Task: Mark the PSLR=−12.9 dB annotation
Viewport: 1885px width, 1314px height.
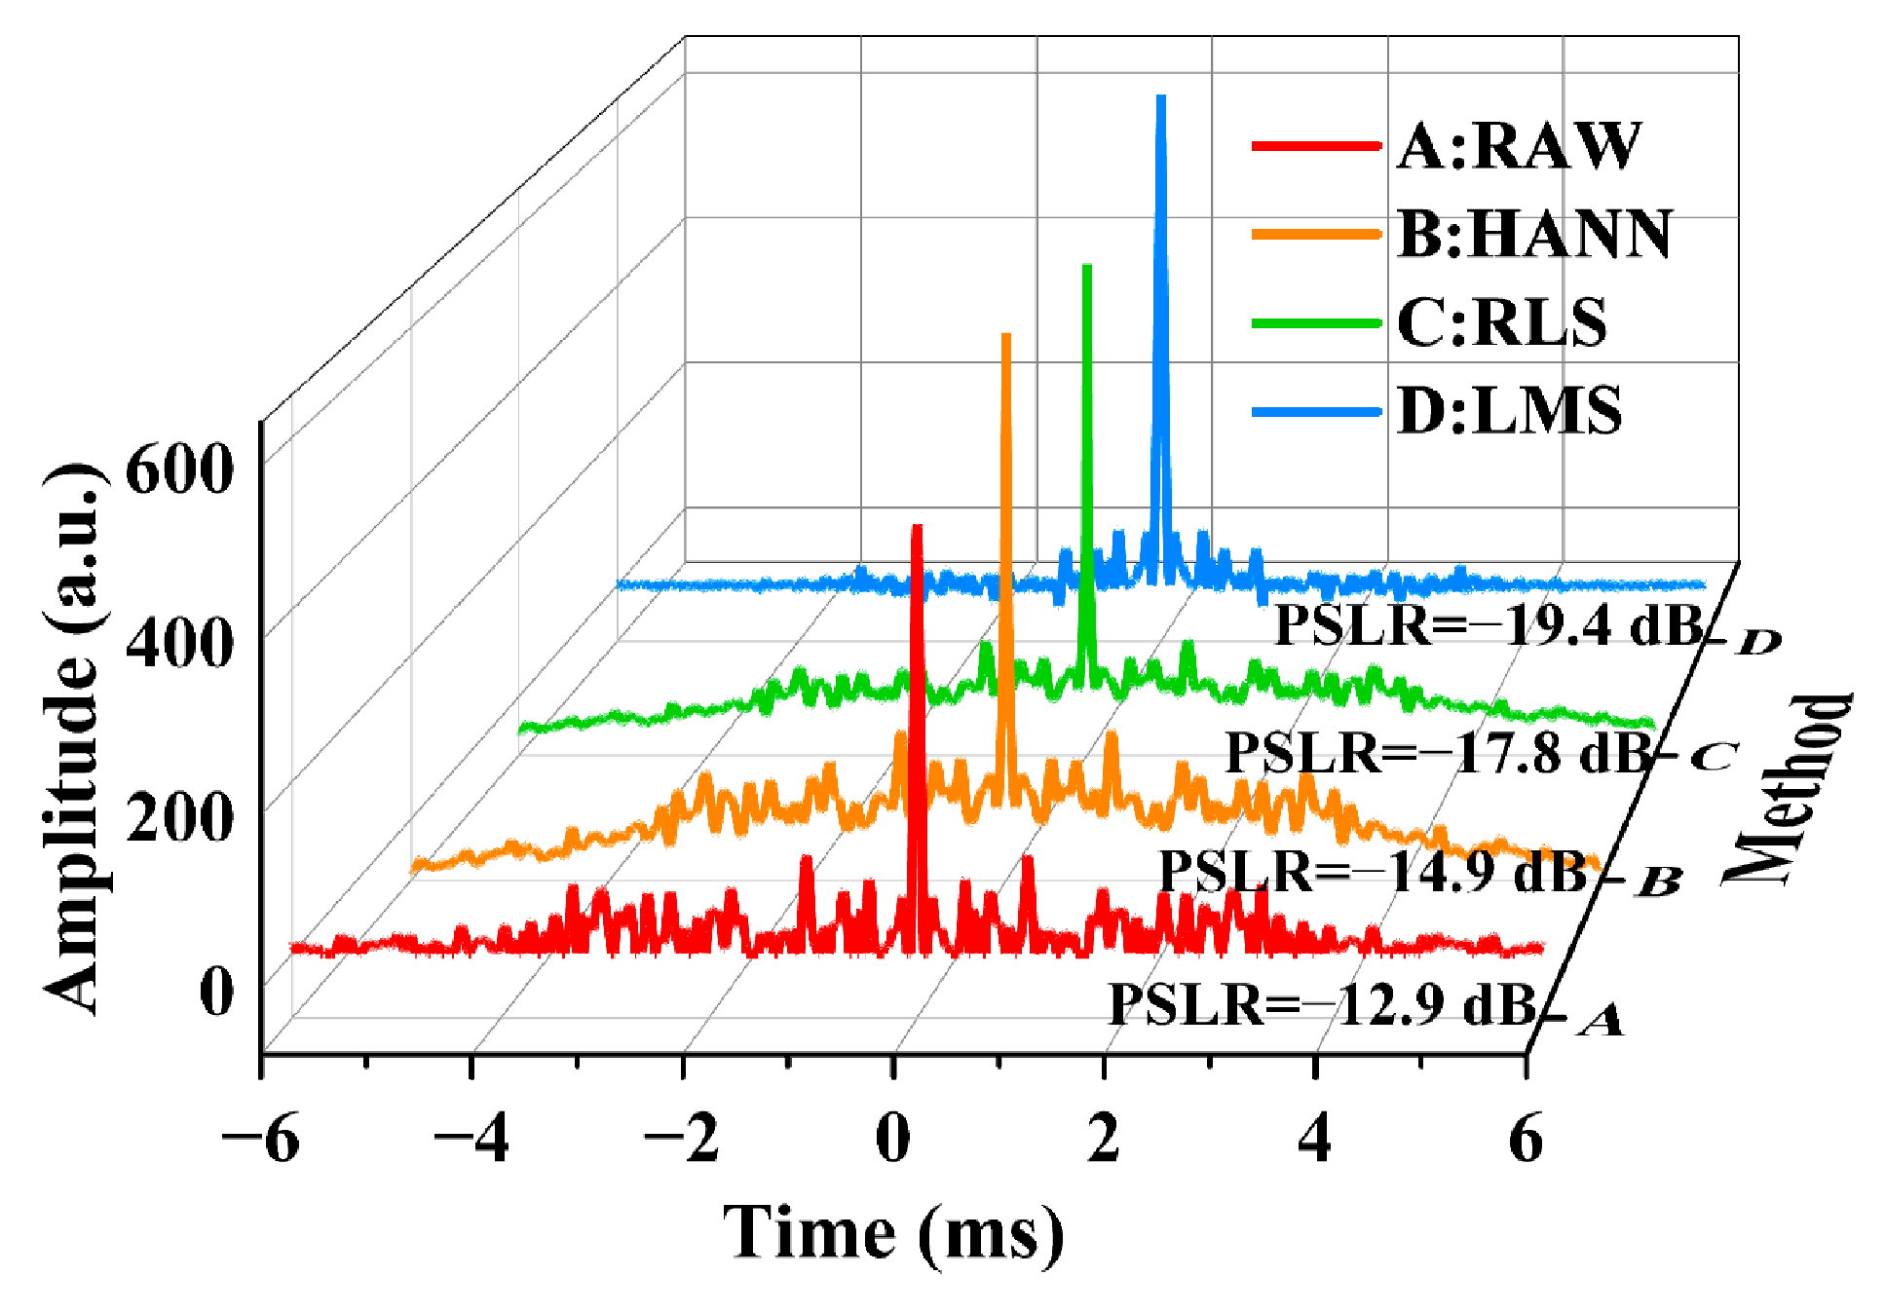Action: (x=1322, y=1003)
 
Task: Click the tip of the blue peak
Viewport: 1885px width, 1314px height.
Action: (x=1160, y=97)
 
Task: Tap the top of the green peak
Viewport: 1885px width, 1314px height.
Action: (x=1087, y=266)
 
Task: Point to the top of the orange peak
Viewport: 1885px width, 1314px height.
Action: (x=1006, y=336)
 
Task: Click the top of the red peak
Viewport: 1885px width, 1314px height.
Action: (x=917, y=527)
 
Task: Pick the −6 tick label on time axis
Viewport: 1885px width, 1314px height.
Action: (x=260, y=1137)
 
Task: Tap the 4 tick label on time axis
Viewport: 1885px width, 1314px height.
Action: (x=1315, y=1137)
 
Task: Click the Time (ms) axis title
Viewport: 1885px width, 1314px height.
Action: (x=893, y=1233)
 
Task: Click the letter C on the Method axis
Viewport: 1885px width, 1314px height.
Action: (x=1714, y=756)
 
